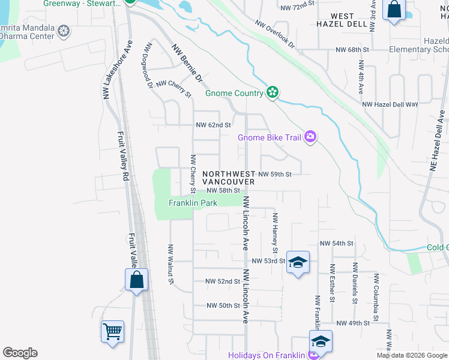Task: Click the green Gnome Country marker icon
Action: coord(273,92)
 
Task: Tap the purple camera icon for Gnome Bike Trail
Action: coord(310,137)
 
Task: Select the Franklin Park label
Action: coord(192,203)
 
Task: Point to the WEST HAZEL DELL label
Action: coord(342,19)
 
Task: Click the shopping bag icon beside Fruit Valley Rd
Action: coord(136,280)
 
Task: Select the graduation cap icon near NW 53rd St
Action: coord(297,262)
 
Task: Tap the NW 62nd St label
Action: coord(213,125)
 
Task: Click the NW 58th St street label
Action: coord(223,190)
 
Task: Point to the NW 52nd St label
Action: coord(223,281)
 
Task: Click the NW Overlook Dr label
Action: coord(275,35)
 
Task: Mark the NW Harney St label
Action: coord(276,233)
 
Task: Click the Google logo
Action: coord(20,353)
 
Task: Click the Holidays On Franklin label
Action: coord(267,355)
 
